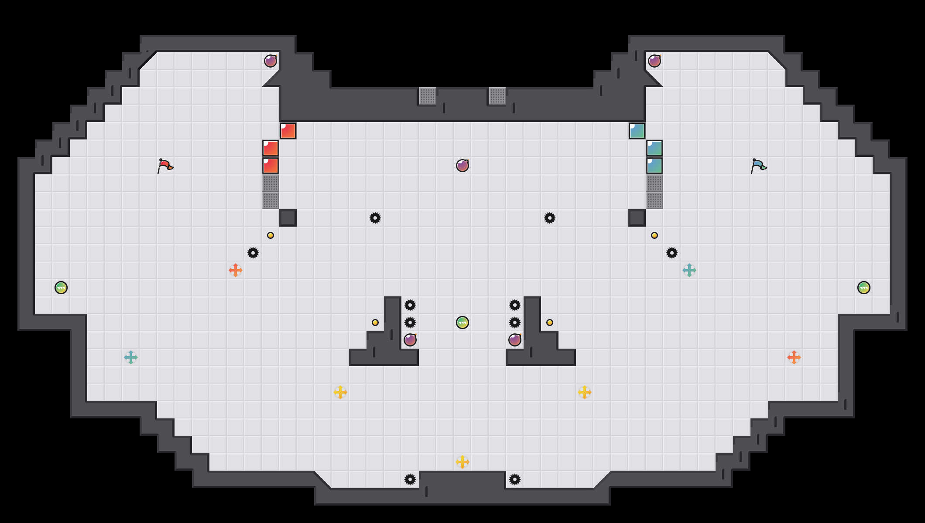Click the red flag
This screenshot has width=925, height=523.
[x=165, y=166]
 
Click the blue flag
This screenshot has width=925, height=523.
[x=758, y=166]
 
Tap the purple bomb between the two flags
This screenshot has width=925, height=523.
[x=462, y=166]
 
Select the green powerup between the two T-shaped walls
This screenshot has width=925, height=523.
[x=462, y=323]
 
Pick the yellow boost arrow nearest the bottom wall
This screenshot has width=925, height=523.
[x=462, y=462]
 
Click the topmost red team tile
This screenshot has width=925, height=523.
[x=288, y=131]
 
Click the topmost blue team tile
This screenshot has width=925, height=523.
[x=637, y=131]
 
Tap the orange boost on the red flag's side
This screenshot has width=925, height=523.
[x=236, y=270]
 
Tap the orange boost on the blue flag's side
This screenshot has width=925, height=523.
[x=794, y=357]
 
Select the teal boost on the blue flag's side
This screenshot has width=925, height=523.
[x=689, y=270]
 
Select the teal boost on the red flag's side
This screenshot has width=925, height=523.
[x=131, y=357]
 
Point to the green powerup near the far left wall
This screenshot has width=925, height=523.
[x=61, y=288]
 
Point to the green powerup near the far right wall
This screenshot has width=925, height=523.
[x=864, y=288]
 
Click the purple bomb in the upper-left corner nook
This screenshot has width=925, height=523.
[x=271, y=61]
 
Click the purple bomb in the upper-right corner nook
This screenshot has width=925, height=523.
[x=654, y=61]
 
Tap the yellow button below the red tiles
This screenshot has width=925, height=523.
[x=271, y=235]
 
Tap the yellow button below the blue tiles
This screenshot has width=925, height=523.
[x=654, y=235]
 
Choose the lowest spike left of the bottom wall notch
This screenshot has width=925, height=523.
[x=410, y=479]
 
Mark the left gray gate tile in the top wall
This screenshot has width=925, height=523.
[x=428, y=96]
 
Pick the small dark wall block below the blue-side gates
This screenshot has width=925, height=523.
[x=637, y=218]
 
